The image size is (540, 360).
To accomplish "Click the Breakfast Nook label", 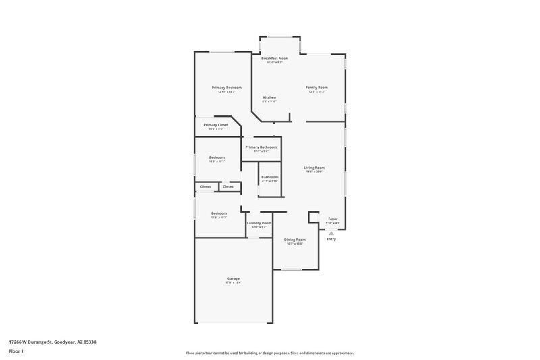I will [275, 59].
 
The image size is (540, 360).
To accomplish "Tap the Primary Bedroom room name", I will [227, 88].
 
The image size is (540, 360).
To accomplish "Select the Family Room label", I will [317, 87].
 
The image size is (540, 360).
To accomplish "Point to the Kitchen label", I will [269, 97].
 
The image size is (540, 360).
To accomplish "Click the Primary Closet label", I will [216, 125].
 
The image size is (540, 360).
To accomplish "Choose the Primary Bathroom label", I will [261, 147].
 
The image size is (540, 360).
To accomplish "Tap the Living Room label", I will [315, 168].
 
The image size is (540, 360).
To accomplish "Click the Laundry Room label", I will [259, 223].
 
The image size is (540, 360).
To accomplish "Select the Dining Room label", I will [294, 240].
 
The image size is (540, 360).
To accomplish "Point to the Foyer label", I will [333, 219].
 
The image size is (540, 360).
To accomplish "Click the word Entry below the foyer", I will [331, 239].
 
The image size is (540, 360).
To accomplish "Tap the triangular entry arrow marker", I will [331, 233].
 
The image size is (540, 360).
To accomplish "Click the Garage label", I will [234, 278].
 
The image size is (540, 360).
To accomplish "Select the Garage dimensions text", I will [234, 282].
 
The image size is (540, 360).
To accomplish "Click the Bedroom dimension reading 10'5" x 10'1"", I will [217, 161].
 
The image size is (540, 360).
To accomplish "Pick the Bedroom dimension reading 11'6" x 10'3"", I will [219, 217].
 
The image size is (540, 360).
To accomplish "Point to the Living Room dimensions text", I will [315, 172].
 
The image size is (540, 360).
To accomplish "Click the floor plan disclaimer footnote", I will [269, 353].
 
